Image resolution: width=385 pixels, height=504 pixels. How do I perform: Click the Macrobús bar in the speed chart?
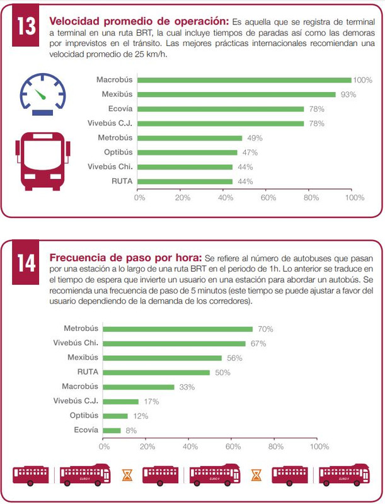244,80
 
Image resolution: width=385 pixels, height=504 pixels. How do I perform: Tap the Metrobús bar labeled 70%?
178,329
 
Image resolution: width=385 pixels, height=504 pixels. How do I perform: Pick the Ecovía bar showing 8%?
112,430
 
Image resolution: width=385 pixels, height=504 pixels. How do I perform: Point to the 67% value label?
258,343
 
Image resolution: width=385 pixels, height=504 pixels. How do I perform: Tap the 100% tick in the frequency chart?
318,446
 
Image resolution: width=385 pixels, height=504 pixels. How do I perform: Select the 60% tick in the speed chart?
268,197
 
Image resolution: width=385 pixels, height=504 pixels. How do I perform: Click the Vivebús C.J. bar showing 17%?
121,401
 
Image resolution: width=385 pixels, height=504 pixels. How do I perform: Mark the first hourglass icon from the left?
127,474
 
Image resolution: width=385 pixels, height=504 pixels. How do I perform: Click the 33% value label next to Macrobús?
187,387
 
